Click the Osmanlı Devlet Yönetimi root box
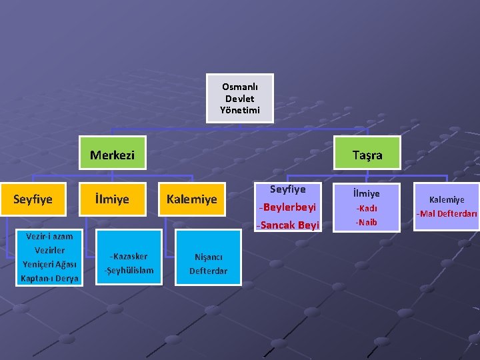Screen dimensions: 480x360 tap(239, 98)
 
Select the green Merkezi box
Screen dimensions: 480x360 tap(112, 155)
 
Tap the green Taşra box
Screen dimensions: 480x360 tap(367, 155)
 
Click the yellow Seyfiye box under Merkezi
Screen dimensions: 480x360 tap(33, 199)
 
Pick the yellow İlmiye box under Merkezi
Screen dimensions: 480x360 tap(112, 199)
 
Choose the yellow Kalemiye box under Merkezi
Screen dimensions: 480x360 tap(192, 199)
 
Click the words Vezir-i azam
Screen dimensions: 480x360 tap(49, 236)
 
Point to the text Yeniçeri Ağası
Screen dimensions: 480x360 tap(49, 264)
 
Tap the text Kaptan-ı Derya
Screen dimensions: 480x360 tap(49, 278)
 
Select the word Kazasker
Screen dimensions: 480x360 tap(131, 257)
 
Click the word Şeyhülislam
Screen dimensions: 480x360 tap(130, 270)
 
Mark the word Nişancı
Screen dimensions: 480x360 tap(208, 257)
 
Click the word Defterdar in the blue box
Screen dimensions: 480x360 tap(208, 271)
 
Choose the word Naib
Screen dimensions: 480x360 tap(367, 222)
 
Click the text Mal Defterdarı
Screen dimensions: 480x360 tap(447, 214)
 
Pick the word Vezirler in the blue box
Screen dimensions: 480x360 tap(49, 250)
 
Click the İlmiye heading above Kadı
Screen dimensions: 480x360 tap(367, 193)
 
